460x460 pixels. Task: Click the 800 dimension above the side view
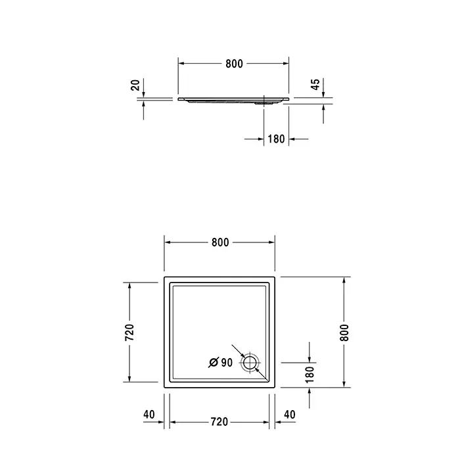coord(234,64)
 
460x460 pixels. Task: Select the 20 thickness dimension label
coord(135,85)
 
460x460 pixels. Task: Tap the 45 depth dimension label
coord(315,85)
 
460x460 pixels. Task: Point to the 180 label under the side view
coord(276,139)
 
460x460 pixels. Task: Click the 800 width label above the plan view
coord(220,242)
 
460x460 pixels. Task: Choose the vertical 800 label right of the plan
coord(344,333)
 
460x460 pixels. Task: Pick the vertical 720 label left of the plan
coord(129,332)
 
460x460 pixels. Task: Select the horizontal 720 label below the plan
coord(219,422)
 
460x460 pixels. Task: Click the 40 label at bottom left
coord(149,415)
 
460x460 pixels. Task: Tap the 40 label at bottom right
coord(290,415)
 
